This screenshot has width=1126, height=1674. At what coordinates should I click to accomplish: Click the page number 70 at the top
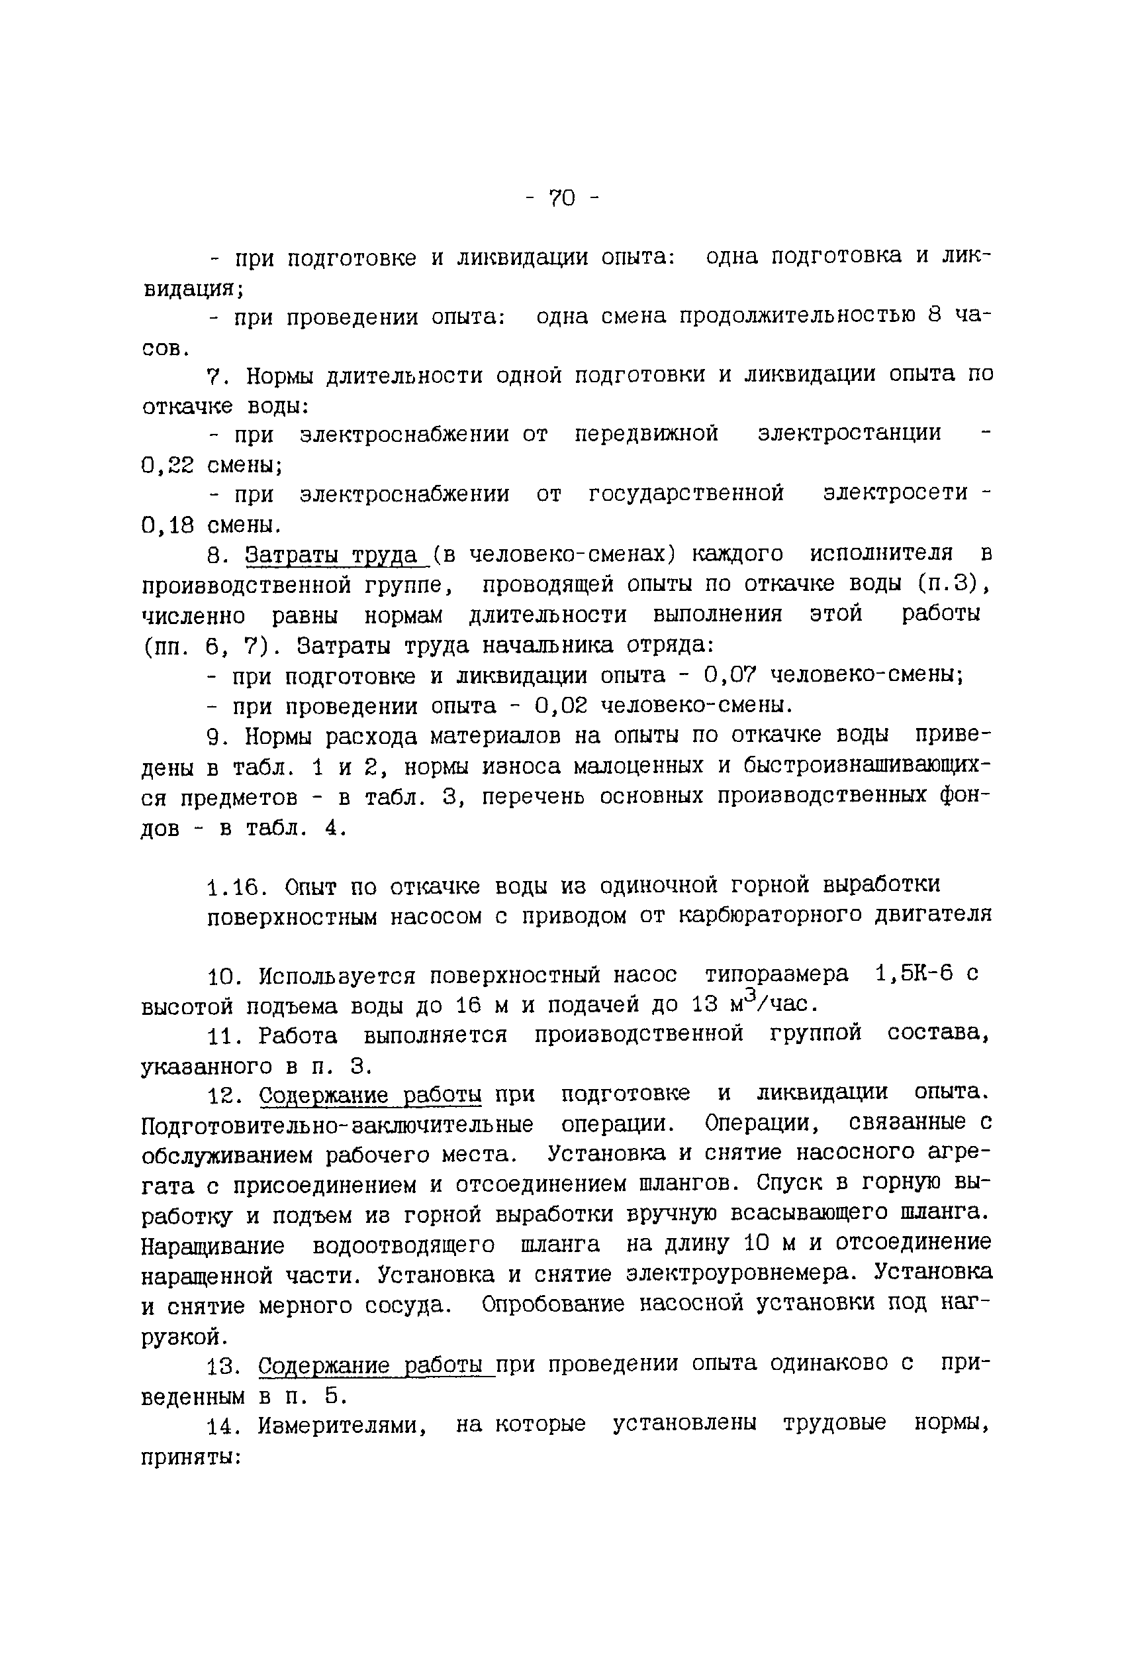coord(562,197)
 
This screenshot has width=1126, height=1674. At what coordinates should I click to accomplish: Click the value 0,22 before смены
coord(168,466)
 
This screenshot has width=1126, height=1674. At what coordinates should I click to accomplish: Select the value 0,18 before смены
coord(168,526)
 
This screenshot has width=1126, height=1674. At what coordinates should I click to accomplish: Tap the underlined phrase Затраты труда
coord(332,554)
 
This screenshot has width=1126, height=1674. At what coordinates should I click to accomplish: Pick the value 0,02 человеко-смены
coord(561,706)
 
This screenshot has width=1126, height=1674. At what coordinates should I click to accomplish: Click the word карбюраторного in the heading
coord(770,916)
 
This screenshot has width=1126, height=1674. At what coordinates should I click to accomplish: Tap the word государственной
coord(686,494)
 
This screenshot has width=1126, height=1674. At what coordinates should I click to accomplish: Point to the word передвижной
coord(645,433)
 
